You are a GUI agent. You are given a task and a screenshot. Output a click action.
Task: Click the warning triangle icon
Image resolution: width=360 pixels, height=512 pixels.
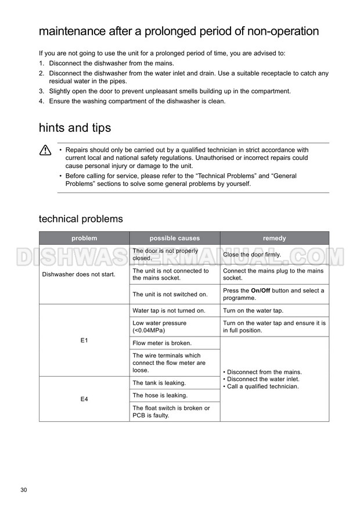[45, 151]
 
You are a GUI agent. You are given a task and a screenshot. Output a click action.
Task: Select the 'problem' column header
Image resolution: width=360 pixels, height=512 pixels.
[84, 238]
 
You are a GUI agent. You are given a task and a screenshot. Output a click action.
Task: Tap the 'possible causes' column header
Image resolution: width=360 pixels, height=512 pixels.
[174, 238]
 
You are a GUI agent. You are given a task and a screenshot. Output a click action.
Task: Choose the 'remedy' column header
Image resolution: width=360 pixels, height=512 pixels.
[274, 238]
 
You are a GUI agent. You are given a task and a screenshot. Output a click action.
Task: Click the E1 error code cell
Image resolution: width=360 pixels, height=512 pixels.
[84, 340]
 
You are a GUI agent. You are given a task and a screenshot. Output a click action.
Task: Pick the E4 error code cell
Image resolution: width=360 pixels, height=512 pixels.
[84, 399]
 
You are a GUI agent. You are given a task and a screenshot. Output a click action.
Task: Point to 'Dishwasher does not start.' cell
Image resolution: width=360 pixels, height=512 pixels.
[79, 274]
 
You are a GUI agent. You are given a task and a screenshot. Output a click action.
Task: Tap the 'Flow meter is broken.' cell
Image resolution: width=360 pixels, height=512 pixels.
[162, 343]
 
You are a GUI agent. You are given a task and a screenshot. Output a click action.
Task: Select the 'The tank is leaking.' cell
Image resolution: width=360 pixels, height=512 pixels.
[159, 383]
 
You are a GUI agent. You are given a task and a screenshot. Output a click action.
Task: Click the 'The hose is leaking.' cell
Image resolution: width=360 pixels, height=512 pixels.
[160, 396]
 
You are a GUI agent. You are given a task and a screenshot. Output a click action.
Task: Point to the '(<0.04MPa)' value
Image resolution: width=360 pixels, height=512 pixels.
[150, 331]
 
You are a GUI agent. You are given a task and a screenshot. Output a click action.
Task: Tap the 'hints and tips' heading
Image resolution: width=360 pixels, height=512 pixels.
[75, 127]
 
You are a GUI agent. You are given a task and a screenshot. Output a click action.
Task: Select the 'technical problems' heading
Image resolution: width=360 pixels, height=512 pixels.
[81, 219]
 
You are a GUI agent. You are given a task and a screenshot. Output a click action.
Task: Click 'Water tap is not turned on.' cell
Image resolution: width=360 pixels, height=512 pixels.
[169, 311]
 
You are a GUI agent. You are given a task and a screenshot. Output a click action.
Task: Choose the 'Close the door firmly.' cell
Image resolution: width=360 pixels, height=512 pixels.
[252, 255]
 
